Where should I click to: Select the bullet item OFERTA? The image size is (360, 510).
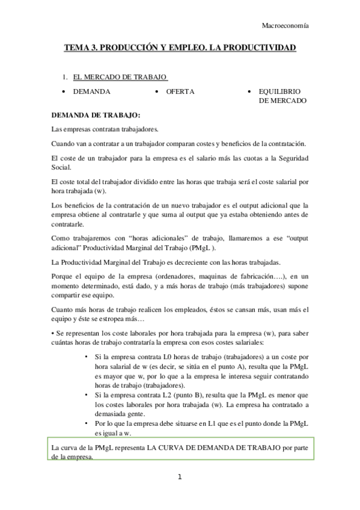(180, 91)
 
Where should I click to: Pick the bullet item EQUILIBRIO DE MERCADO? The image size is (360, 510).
(282, 96)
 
